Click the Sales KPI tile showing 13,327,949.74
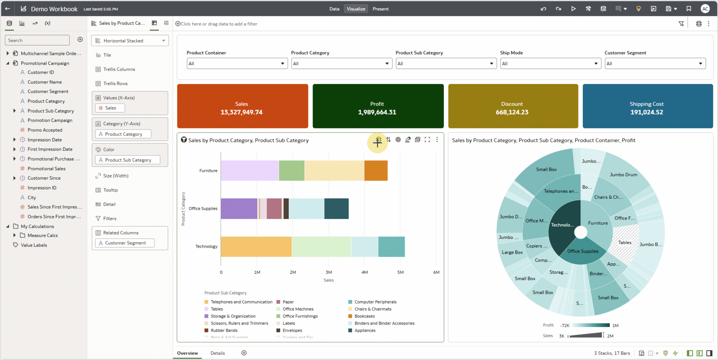(242, 106)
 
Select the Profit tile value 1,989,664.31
(377, 112)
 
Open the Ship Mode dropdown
(550, 64)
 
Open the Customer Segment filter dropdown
(655, 64)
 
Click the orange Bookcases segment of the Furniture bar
(376, 171)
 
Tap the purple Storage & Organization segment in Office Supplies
(239, 209)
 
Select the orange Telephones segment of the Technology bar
(256, 247)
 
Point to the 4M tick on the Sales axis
(364, 272)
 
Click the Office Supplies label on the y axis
(203, 209)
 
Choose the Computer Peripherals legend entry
(375, 302)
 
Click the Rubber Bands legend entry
(224, 330)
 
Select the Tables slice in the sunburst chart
(625, 243)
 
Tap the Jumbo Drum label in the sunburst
(623, 175)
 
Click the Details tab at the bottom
(217, 353)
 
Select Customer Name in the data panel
(45, 82)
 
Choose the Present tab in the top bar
(380, 9)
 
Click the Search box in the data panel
(37, 40)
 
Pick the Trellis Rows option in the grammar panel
(115, 83)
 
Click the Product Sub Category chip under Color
(128, 160)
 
